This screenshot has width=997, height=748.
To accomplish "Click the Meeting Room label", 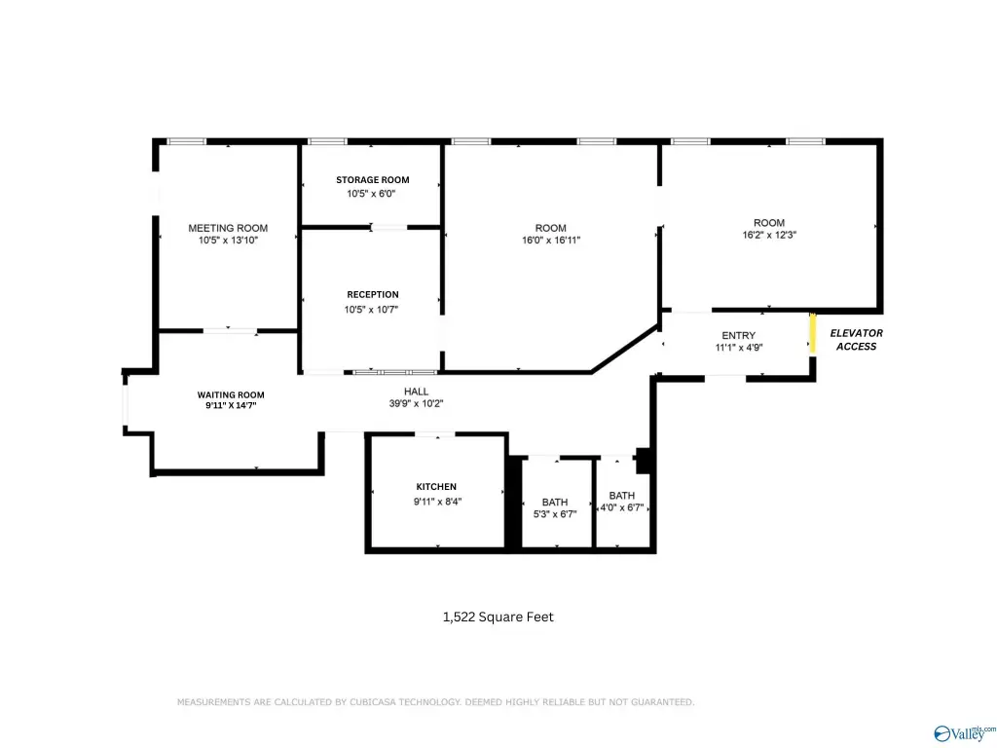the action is [x=228, y=228].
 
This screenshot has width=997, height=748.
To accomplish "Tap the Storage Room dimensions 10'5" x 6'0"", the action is [x=371, y=194].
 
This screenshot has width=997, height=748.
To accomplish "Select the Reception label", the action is [x=373, y=294].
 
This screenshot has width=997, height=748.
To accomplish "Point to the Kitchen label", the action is [x=436, y=487].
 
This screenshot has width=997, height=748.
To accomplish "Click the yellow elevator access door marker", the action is [x=812, y=333].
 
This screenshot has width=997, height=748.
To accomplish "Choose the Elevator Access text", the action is [x=856, y=340].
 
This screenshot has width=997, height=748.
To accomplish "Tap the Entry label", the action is [x=738, y=335].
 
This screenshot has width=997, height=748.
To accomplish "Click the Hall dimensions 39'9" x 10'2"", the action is [x=416, y=403].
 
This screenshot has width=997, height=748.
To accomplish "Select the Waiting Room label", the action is [x=230, y=395].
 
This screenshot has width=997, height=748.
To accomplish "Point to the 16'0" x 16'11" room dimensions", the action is [x=551, y=240].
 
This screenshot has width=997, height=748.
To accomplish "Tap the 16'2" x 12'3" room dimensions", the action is [x=769, y=235].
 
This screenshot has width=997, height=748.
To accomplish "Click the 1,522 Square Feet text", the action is [x=498, y=617].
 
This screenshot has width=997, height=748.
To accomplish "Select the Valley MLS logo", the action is [x=963, y=733].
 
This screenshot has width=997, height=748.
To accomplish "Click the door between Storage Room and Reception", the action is [x=388, y=227].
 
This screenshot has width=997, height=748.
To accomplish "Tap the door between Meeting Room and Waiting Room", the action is [x=230, y=331].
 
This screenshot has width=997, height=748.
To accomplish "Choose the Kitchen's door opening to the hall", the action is [x=435, y=434].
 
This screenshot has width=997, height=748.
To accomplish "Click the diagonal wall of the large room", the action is [x=625, y=349].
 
